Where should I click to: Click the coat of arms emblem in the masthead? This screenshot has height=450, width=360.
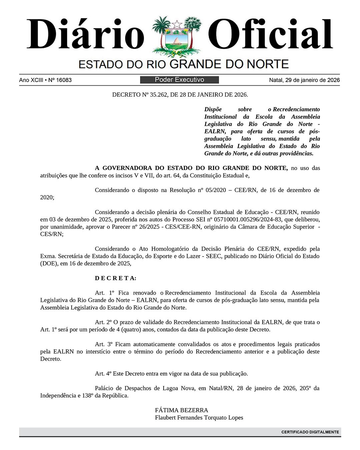coord(177,37)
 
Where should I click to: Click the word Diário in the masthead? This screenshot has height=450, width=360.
coord(85,34)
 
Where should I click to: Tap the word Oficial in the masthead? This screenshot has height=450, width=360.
coord(272,34)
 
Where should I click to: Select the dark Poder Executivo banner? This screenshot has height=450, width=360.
coord(179,80)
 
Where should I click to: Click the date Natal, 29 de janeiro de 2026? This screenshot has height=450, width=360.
coord(304,80)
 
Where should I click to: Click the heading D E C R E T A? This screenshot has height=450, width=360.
coord(116,278)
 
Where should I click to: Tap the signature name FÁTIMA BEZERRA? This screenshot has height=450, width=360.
coord(181,410)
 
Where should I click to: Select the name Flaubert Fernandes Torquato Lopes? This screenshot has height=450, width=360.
coord(199,417)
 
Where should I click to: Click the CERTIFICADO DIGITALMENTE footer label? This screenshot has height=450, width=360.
coord(310,432)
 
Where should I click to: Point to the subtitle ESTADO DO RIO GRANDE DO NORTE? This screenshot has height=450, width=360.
coord(184,64)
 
